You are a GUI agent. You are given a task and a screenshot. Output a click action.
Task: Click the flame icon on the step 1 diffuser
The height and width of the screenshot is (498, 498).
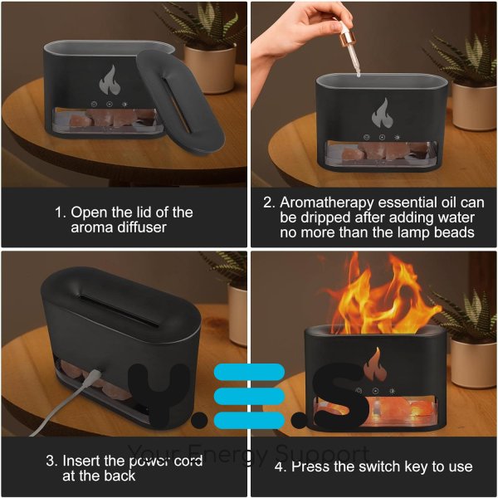pos(110,81)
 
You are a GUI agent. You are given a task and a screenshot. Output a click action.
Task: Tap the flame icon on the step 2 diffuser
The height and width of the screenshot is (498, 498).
pos(383,114)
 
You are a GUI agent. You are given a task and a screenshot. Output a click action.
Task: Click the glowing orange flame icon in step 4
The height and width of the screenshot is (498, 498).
pos(377,364)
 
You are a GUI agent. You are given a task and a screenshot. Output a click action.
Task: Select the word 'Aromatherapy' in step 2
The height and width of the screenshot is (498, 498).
pos(326,203)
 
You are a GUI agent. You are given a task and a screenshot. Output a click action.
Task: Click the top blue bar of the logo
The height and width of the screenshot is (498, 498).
pos(249,372)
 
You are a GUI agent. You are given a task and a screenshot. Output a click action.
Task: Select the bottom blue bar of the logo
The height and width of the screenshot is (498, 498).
pos(249,420)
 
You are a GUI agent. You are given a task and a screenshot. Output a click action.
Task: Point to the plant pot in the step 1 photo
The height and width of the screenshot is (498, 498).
pos(210,69)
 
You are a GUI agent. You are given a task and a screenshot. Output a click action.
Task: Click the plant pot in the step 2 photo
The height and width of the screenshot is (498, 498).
pos(474,105)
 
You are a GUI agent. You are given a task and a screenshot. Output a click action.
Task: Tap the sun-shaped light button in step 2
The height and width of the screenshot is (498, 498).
pos(397,138)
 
